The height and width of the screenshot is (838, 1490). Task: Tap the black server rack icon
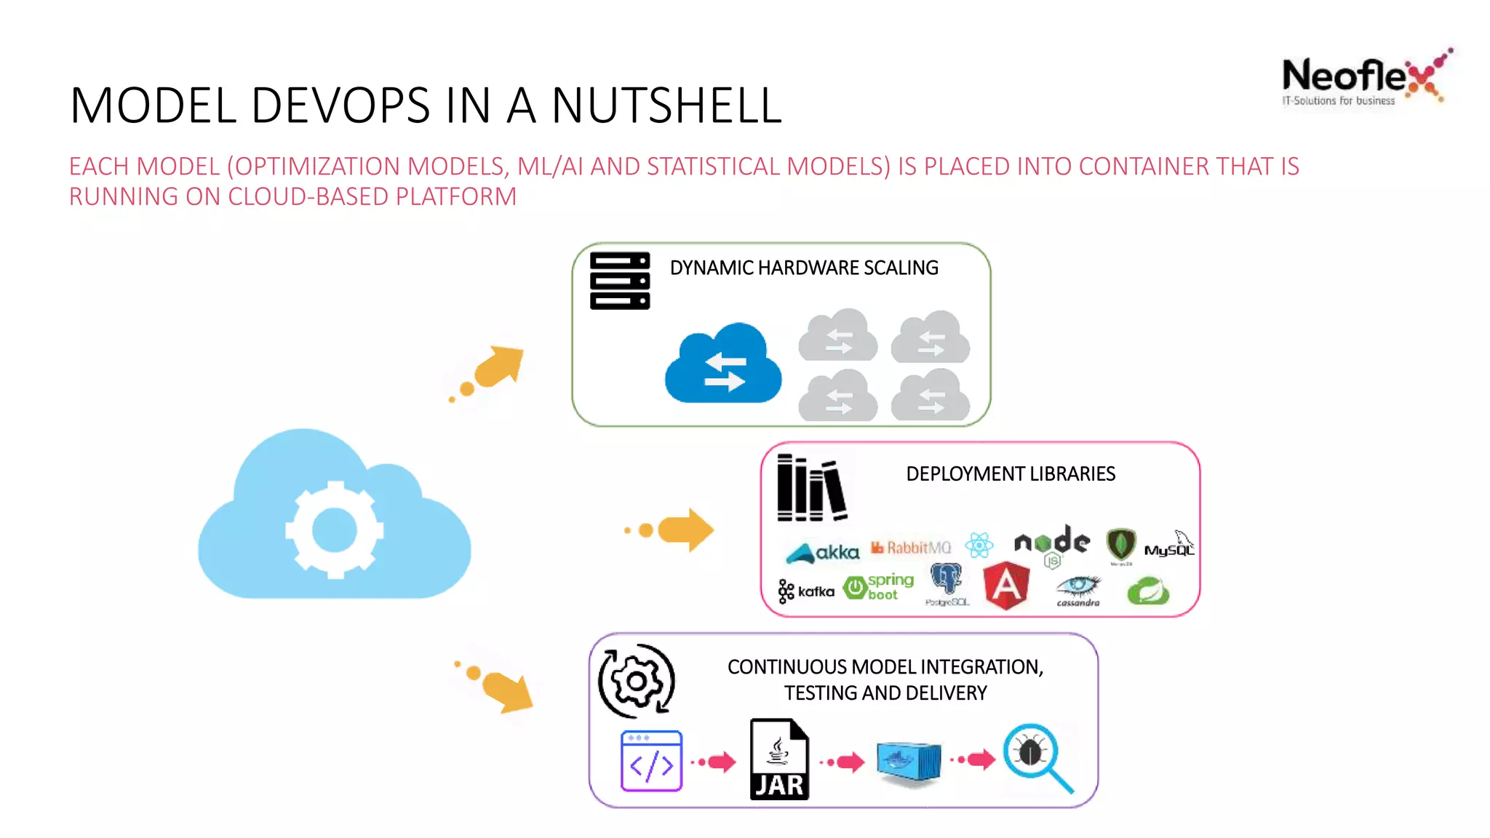coord(619,281)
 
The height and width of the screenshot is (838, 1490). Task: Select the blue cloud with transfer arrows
coord(723,364)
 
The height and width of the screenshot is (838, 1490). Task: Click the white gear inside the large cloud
coord(334,530)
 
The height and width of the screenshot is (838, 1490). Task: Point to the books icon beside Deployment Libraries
coord(811,488)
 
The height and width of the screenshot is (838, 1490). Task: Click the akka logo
coord(823,553)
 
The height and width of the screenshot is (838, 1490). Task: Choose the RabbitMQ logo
coord(911,548)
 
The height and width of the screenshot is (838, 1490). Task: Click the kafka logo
coord(806,591)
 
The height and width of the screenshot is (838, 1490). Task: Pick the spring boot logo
coord(879,586)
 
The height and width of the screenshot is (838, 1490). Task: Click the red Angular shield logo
coord(1006,585)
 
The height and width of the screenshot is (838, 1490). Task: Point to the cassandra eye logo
coord(1078,589)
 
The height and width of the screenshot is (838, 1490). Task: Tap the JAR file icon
coord(779,760)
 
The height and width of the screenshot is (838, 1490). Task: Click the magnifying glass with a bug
coord(1037,757)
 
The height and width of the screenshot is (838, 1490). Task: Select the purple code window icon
coord(651,761)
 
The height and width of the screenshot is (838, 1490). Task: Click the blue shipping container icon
coord(908,762)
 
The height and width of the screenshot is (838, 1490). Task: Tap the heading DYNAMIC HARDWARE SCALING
coord(804,268)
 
